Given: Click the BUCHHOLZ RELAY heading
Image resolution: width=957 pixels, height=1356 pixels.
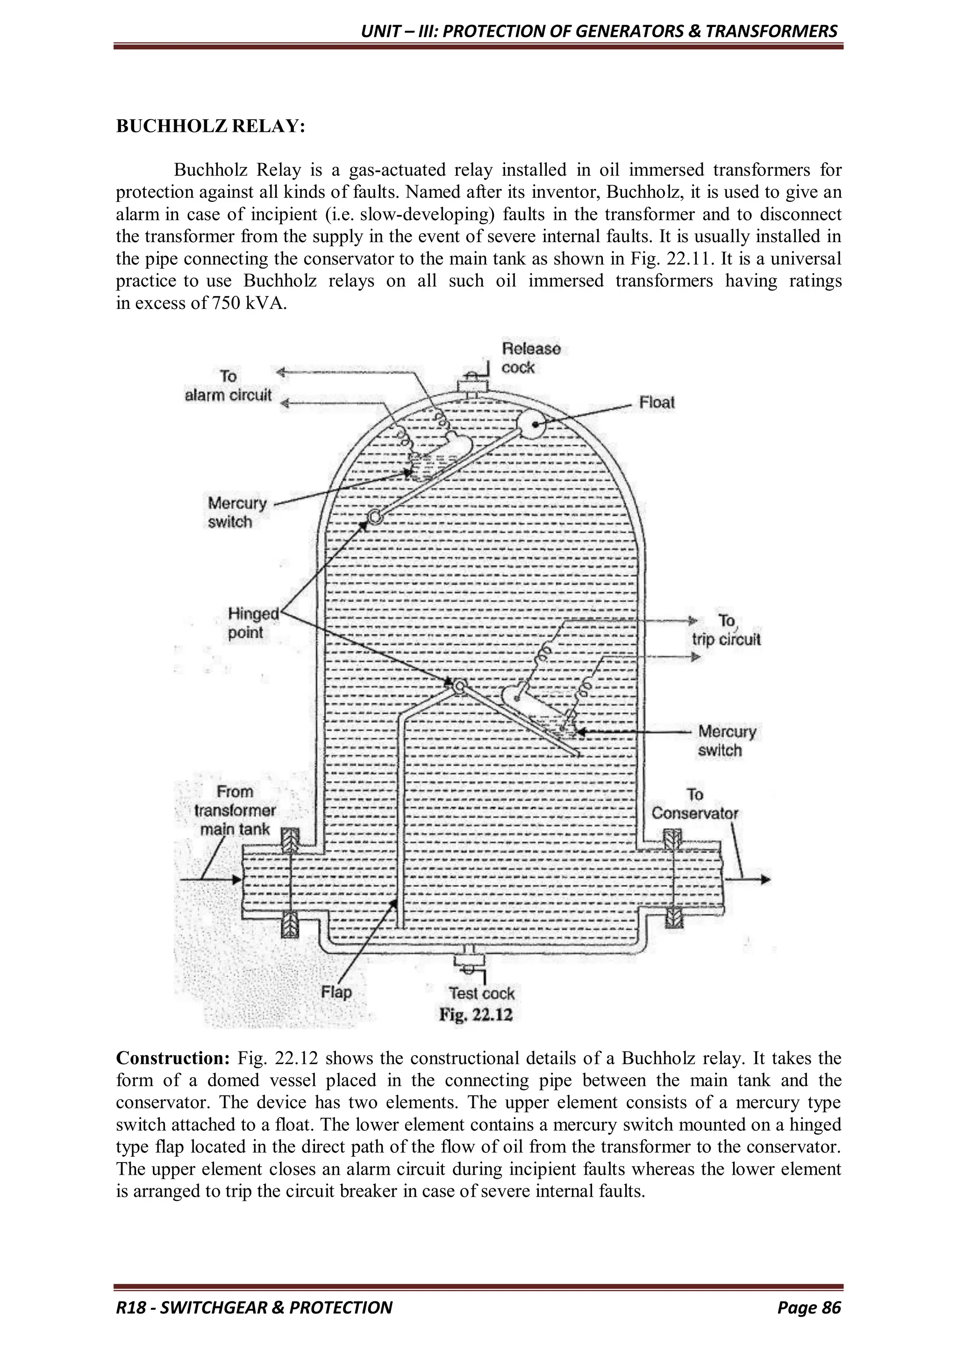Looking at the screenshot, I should (210, 126).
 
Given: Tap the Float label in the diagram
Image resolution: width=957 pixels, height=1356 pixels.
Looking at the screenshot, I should (657, 403).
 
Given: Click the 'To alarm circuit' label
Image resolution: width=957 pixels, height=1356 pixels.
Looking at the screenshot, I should (228, 386).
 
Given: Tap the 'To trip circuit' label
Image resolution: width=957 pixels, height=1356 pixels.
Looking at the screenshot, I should (726, 630).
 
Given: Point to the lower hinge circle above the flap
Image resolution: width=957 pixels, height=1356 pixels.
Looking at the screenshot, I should (459, 686).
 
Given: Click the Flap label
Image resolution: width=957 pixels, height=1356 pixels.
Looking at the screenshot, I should (336, 992).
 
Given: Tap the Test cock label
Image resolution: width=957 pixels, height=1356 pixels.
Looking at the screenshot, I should (481, 993).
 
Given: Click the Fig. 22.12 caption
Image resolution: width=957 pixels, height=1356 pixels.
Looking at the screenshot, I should (476, 1014).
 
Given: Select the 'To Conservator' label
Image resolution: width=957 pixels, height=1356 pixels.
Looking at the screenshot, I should (695, 804).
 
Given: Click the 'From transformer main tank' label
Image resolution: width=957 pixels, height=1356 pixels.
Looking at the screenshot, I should (235, 810).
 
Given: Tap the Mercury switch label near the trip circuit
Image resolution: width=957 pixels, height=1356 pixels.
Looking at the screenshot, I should (727, 741).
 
